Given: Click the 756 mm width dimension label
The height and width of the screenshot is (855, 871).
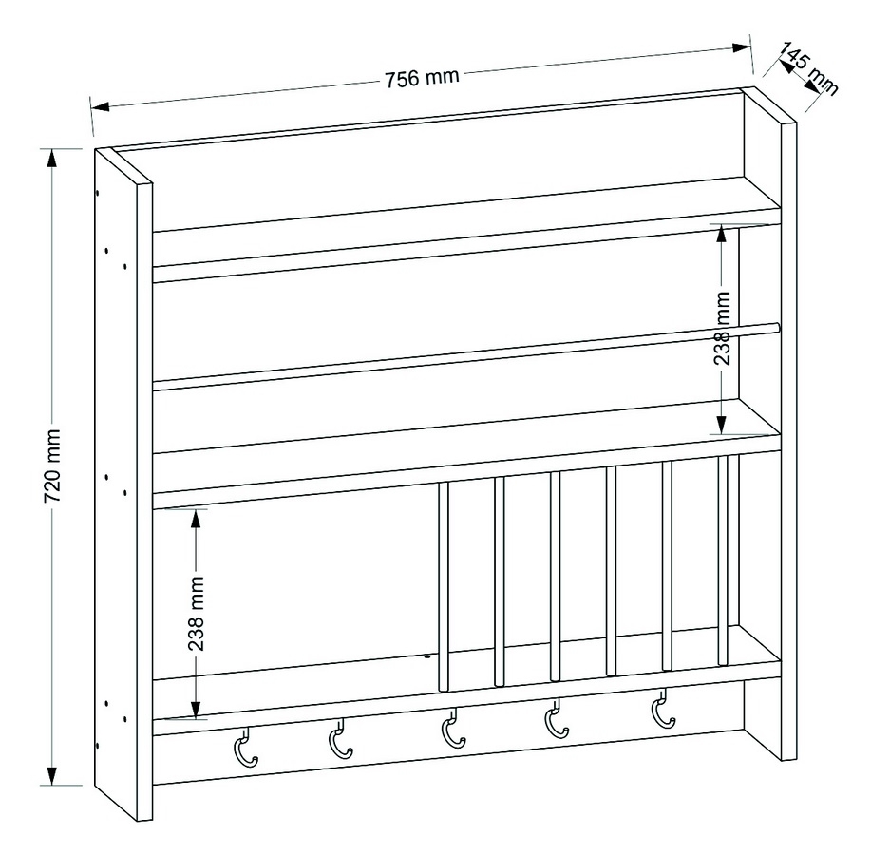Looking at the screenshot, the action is (422, 78).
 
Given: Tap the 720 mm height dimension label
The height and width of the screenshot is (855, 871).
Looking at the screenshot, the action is (53, 465).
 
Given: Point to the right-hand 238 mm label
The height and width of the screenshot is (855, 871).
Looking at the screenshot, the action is (722, 329).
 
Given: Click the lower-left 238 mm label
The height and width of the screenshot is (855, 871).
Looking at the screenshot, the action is (196, 614).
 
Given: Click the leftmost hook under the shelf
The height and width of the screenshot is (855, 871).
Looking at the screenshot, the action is (245, 748).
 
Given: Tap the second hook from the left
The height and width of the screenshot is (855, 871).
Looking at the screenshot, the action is (339, 739).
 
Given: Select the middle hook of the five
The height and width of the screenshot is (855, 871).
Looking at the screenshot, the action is (452, 729).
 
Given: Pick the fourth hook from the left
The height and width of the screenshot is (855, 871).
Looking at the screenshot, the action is (556, 719).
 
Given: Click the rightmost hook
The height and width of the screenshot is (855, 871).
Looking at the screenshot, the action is (662, 710).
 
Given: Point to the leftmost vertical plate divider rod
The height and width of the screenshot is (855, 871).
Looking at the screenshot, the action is (444, 587).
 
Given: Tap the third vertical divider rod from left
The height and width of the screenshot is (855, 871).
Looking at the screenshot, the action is (555, 577).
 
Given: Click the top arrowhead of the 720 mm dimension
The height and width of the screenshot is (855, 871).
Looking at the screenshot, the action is (51, 159).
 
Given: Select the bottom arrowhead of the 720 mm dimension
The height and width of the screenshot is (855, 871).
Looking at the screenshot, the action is (51, 775).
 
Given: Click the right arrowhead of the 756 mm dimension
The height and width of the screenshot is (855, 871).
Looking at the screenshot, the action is (742, 47).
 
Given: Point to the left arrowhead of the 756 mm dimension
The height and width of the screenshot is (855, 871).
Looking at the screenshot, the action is (100, 106).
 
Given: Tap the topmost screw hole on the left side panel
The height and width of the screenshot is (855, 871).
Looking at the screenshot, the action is (97, 194).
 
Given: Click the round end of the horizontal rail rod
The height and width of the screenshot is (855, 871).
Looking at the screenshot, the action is (778, 328).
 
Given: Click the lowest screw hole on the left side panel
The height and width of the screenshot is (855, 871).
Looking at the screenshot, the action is (97, 745).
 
